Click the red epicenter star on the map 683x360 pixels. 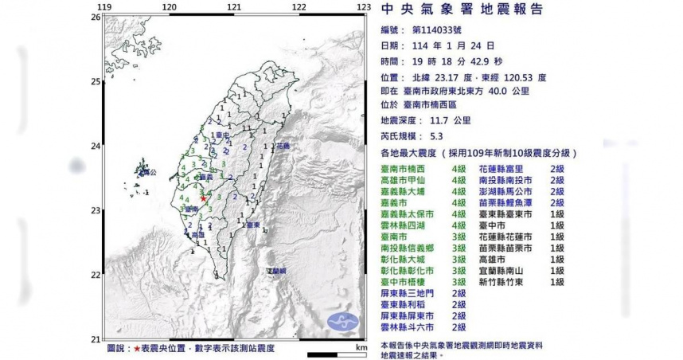coord(204,199)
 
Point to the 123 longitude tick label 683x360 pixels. coord(364,7)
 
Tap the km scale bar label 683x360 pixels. coord(361,347)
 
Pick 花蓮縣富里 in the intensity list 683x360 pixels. coord(506,170)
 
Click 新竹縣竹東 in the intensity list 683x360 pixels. coord(506,282)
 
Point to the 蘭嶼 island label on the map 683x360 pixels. coord(277,272)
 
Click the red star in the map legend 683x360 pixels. coord(137,348)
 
